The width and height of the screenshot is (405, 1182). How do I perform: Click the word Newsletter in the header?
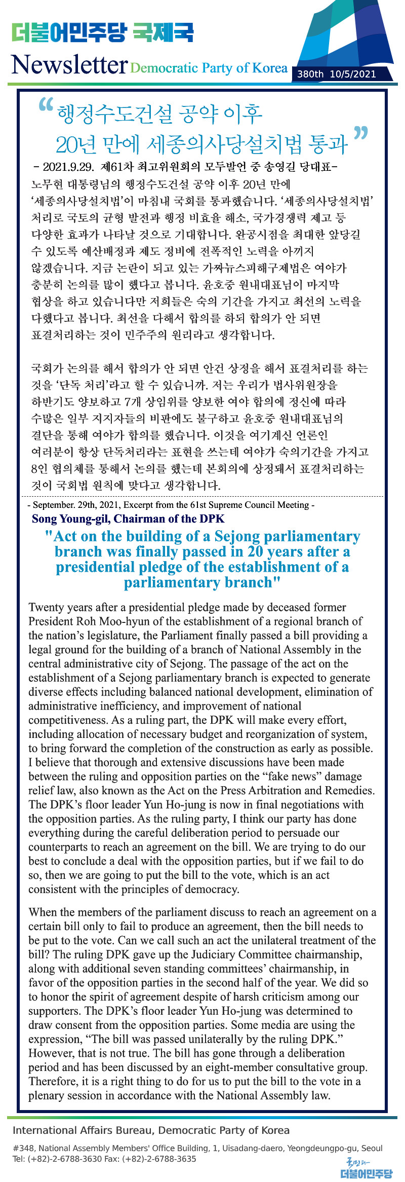click(x=69, y=65)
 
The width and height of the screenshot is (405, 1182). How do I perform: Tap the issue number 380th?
click(x=310, y=74)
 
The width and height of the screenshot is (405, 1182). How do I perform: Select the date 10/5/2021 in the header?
click(x=353, y=74)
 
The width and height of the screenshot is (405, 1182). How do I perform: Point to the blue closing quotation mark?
click(x=360, y=134)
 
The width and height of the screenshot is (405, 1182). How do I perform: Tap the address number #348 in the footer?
click(x=23, y=1148)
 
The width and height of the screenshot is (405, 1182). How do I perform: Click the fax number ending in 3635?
click(x=162, y=1158)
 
